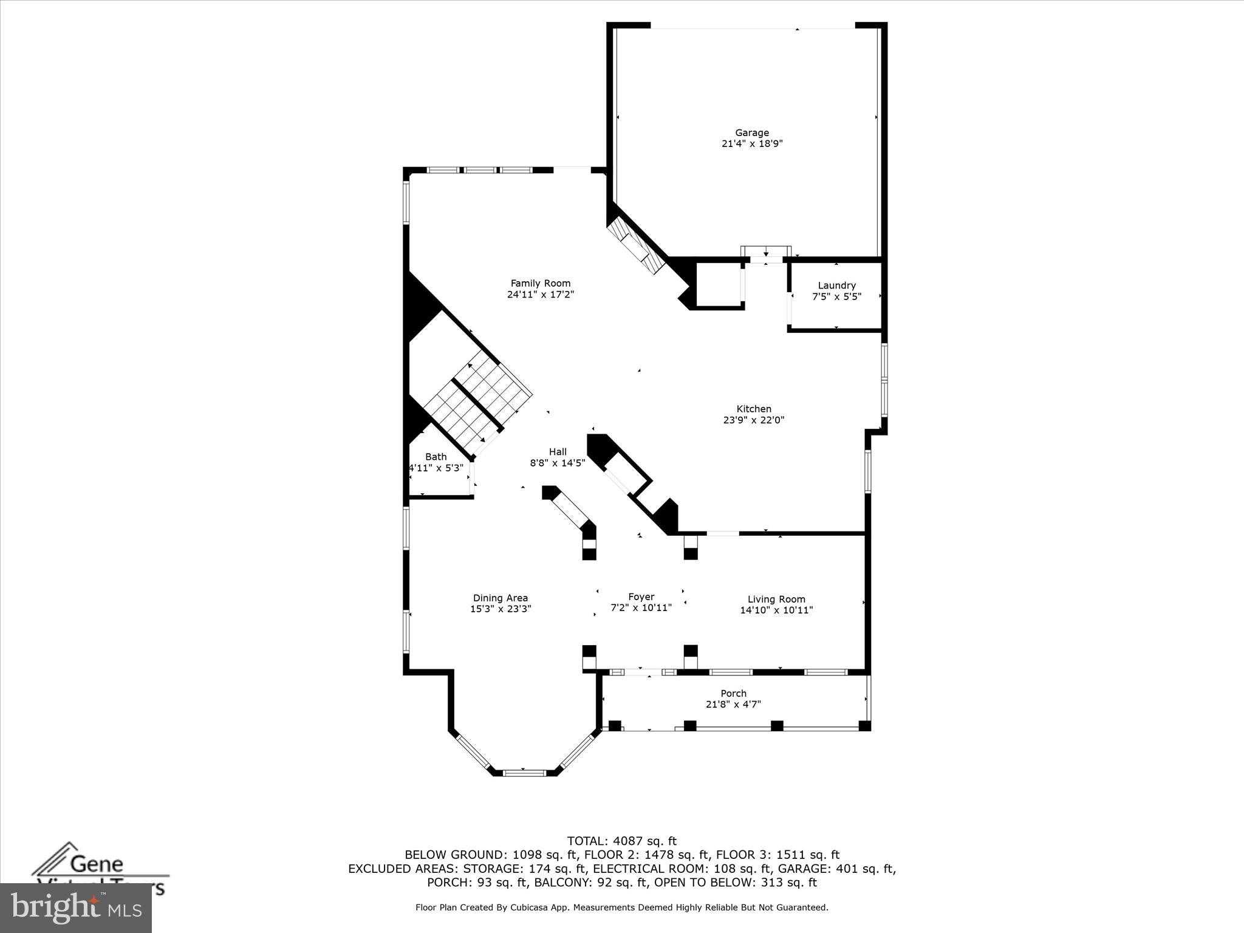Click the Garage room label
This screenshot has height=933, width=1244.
point(751,132)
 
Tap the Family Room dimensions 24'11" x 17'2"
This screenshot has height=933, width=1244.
point(540,295)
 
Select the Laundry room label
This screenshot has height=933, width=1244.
point(836,285)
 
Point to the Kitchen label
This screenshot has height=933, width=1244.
point(754,409)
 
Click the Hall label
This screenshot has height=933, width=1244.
point(558,451)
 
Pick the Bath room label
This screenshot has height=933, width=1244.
point(436,457)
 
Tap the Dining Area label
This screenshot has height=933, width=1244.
point(500,598)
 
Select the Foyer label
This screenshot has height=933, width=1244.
point(641,596)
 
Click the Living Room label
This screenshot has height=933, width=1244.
point(776,599)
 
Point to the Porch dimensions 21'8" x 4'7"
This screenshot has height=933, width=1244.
point(733,705)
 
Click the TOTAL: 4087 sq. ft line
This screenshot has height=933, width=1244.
point(621,841)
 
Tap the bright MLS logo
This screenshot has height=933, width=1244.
point(76,907)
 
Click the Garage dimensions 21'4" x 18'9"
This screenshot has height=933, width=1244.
point(751,144)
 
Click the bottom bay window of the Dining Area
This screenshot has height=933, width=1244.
point(525,772)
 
